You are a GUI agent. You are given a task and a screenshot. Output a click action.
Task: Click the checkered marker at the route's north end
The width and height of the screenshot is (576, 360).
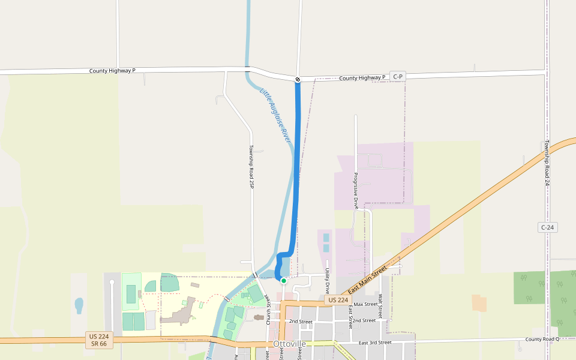298,79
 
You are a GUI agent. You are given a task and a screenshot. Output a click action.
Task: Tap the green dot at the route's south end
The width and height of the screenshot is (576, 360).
283,280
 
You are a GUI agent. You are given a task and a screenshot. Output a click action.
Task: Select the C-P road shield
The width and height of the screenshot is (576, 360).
398,77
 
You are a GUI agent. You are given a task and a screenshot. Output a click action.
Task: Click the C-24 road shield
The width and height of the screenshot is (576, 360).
547,227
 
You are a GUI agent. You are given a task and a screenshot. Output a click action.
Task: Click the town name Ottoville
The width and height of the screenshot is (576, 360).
289,344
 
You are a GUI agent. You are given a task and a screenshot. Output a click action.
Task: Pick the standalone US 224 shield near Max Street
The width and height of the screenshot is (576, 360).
337,299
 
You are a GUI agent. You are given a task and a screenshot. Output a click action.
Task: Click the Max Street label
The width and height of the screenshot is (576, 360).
365,304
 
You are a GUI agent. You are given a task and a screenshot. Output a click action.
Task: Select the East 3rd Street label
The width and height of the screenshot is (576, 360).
375,343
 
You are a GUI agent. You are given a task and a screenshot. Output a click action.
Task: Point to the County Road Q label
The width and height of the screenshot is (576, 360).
542,339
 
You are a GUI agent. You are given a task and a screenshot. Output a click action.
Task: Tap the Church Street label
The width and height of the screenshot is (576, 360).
268,309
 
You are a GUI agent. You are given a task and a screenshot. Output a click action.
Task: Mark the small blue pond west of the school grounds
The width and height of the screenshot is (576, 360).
79,305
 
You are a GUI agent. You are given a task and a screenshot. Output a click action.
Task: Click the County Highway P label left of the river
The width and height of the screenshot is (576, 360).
112,71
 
